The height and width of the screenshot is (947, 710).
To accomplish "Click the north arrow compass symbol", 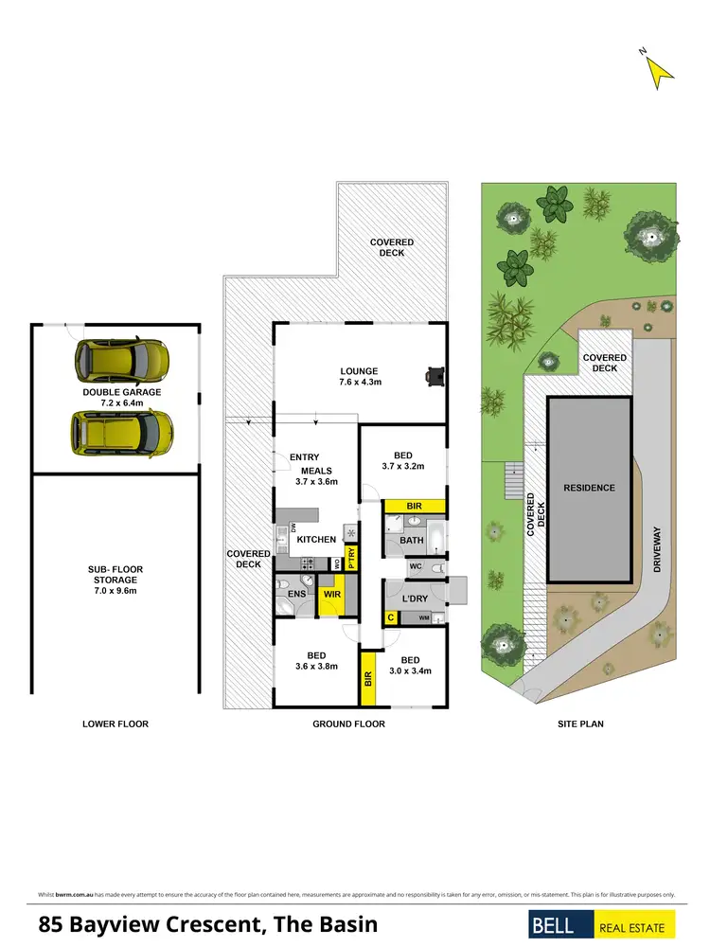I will (659, 69).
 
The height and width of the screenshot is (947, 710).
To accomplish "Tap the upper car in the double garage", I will (124, 358).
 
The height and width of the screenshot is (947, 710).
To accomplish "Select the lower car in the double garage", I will (121, 431).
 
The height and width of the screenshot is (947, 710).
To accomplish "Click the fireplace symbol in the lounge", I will (435, 376).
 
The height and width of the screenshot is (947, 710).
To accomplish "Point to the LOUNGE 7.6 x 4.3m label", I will (359, 377).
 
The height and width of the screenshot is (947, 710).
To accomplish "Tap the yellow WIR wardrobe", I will (331, 596).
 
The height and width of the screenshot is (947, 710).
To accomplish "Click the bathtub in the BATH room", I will (435, 540).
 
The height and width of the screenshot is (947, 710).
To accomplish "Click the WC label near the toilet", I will (415, 567).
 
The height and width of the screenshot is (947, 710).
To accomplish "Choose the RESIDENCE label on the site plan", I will (590, 489).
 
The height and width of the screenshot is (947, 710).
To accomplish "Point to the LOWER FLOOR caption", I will (116, 724).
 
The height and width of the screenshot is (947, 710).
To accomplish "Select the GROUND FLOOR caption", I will (349, 724).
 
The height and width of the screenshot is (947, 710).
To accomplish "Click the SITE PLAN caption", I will (578, 724).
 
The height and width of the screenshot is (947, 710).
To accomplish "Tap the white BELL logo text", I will (558, 926).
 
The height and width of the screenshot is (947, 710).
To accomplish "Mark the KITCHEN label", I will (317, 540).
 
